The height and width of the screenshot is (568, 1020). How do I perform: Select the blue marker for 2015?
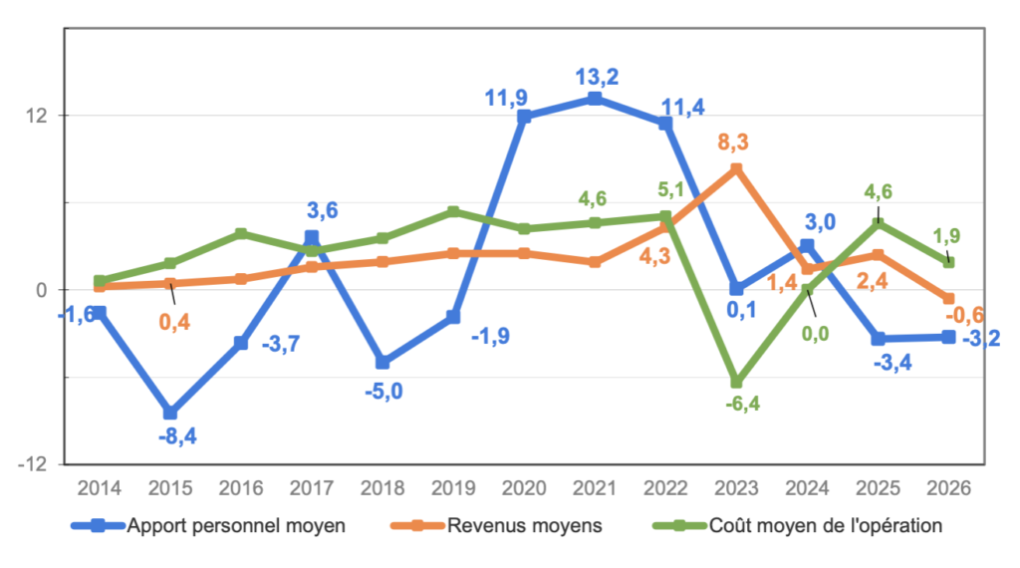(170, 413)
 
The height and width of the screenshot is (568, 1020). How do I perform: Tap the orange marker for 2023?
(736, 169)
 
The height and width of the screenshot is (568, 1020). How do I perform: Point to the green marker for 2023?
(736, 383)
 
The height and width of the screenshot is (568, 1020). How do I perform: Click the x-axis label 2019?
(453, 488)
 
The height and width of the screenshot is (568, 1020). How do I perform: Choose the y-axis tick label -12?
(39, 464)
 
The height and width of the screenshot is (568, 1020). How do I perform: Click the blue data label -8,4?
(176, 435)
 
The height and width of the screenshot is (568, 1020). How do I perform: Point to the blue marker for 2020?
(525, 117)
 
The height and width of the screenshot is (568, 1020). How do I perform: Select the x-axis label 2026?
(947, 488)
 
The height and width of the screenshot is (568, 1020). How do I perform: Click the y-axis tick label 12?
(39, 116)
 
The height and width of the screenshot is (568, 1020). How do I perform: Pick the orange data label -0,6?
(981, 315)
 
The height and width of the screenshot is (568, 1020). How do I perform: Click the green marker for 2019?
(453, 212)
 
